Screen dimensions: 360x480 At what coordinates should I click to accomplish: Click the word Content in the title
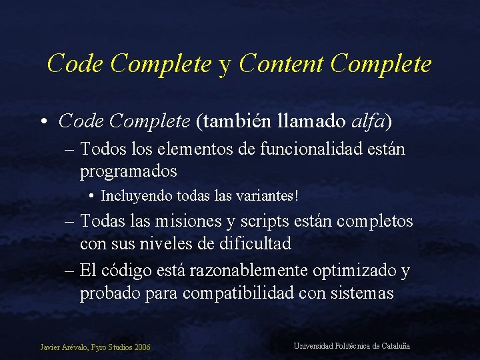[281, 64]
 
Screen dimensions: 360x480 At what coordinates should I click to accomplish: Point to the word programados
[128, 171]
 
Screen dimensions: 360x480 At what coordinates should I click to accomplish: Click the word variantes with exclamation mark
[267, 197]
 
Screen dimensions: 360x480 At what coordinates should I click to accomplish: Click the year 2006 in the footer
[141, 347]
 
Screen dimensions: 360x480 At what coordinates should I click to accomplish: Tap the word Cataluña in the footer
[395, 346]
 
